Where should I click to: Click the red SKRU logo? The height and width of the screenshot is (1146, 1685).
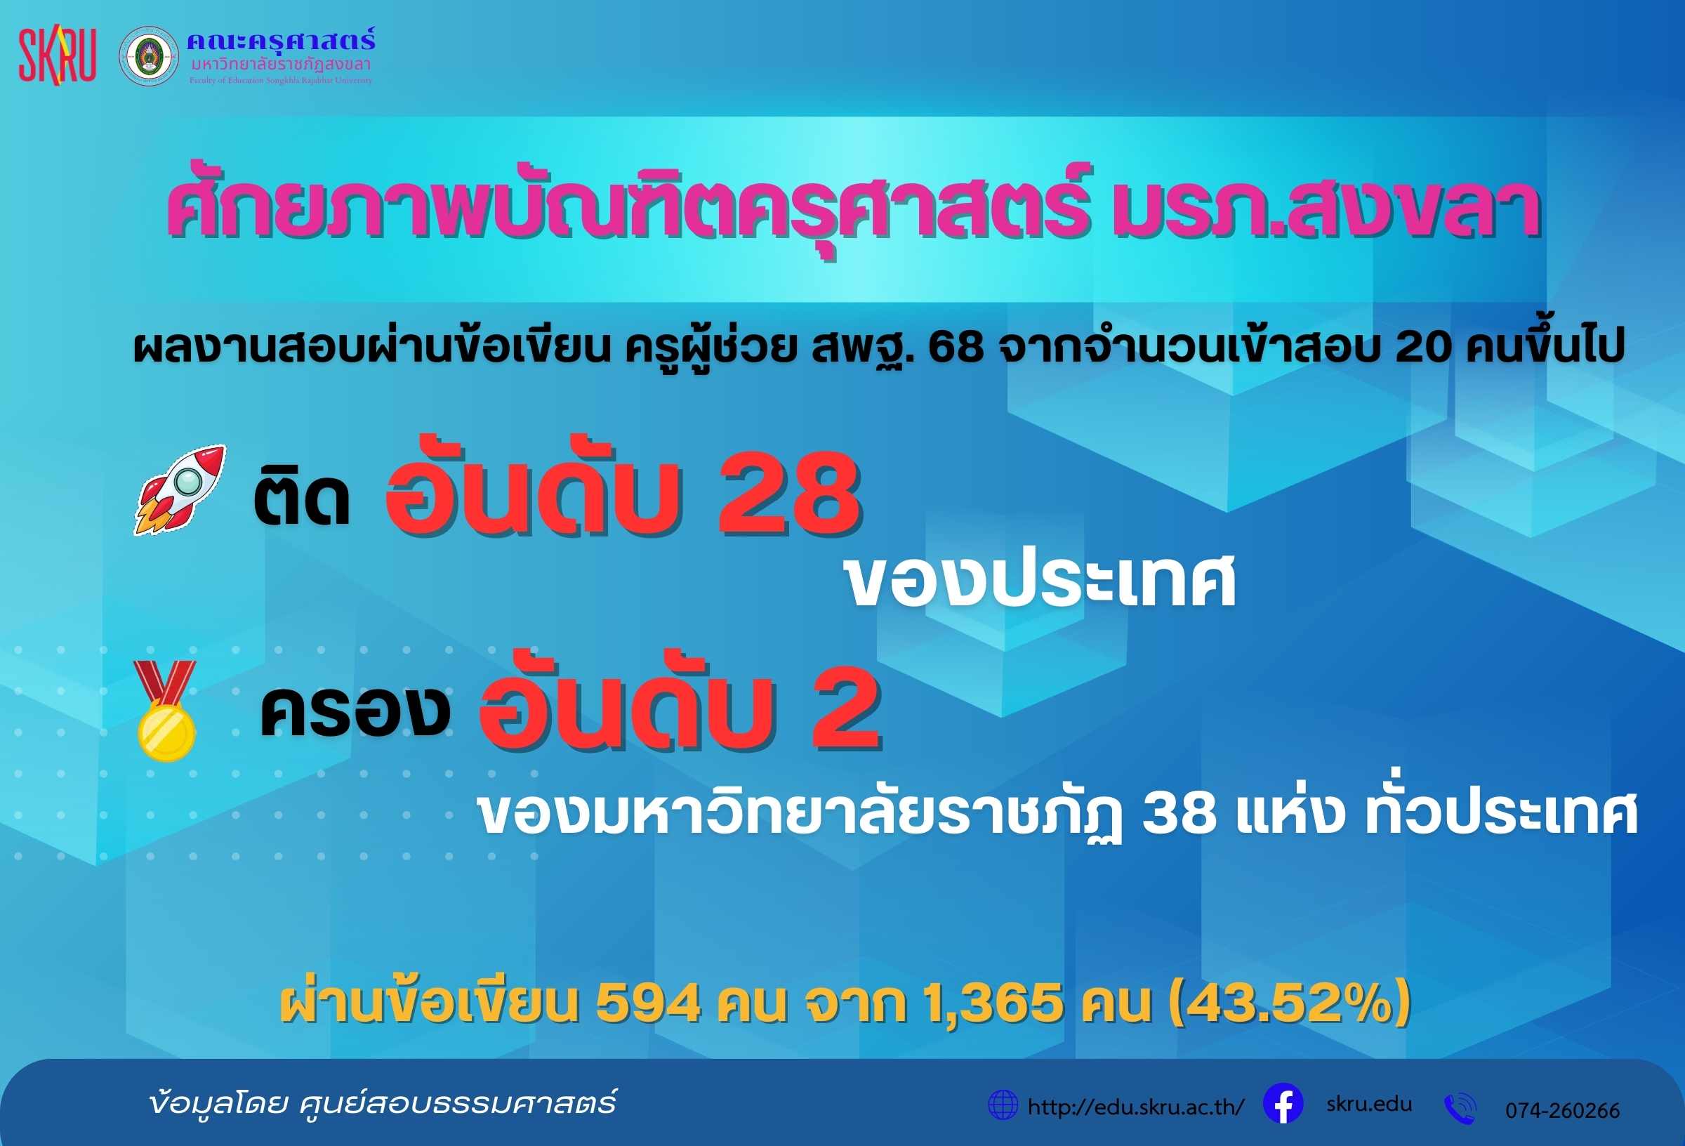pyautogui.click(x=58, y=57)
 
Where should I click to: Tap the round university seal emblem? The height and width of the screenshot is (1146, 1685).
pyautogui.click(x=149, y=57)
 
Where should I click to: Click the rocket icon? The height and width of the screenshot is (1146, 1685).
pyautogui.click(x=180, y=489)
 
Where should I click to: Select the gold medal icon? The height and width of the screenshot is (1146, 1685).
pyautogui.click(x=166, y=711)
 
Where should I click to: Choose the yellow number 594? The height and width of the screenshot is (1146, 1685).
pyautogui.click(x=648, y=1003)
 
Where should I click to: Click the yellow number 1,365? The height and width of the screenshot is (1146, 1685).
pyautogui.click(x=994, y=1005)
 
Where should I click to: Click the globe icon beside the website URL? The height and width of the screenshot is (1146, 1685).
pyautogui.click(x=1003, y=1105)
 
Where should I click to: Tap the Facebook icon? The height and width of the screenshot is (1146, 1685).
pyautogui.click(x=1283, y=1104)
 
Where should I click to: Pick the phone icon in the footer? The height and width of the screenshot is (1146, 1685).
pyautogui.click(x=1460, y=1108)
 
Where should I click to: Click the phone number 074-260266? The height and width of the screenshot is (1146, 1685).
pyautogui.click(x=1562, y=1109)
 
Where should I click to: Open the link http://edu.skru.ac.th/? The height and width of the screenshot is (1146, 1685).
pyautogui.click(x=1136, y=1107)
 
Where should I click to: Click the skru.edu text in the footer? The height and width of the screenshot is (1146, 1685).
pyautogui.click(x=1370, y=1104)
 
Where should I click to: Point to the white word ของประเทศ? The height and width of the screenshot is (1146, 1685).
pyautogui.click(x=1041, y=581)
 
